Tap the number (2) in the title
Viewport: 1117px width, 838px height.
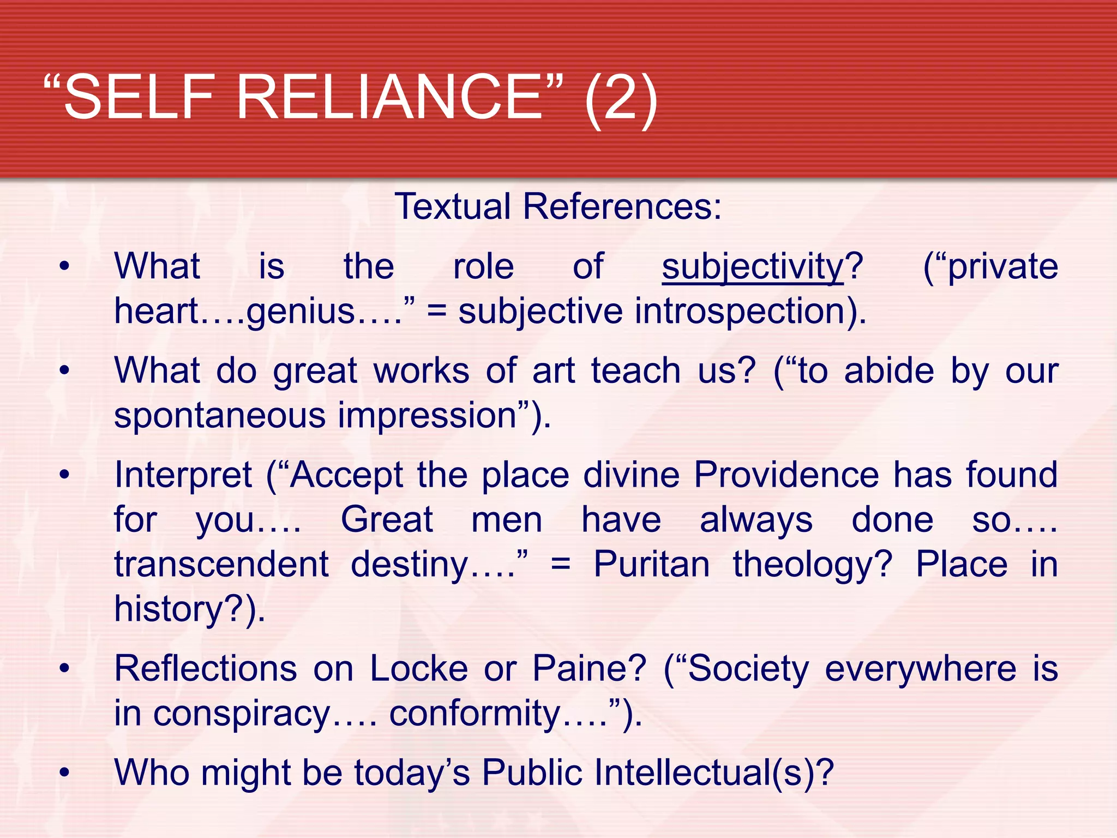[621, 99]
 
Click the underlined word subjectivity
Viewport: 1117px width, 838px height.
[753, 267]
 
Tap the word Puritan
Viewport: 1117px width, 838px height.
[651, 564]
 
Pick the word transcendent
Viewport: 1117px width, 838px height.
[221, 564]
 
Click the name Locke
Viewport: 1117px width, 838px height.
[419, 668]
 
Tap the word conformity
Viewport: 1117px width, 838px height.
[475, 714]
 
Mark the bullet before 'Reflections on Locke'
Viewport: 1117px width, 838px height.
[65, 668]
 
